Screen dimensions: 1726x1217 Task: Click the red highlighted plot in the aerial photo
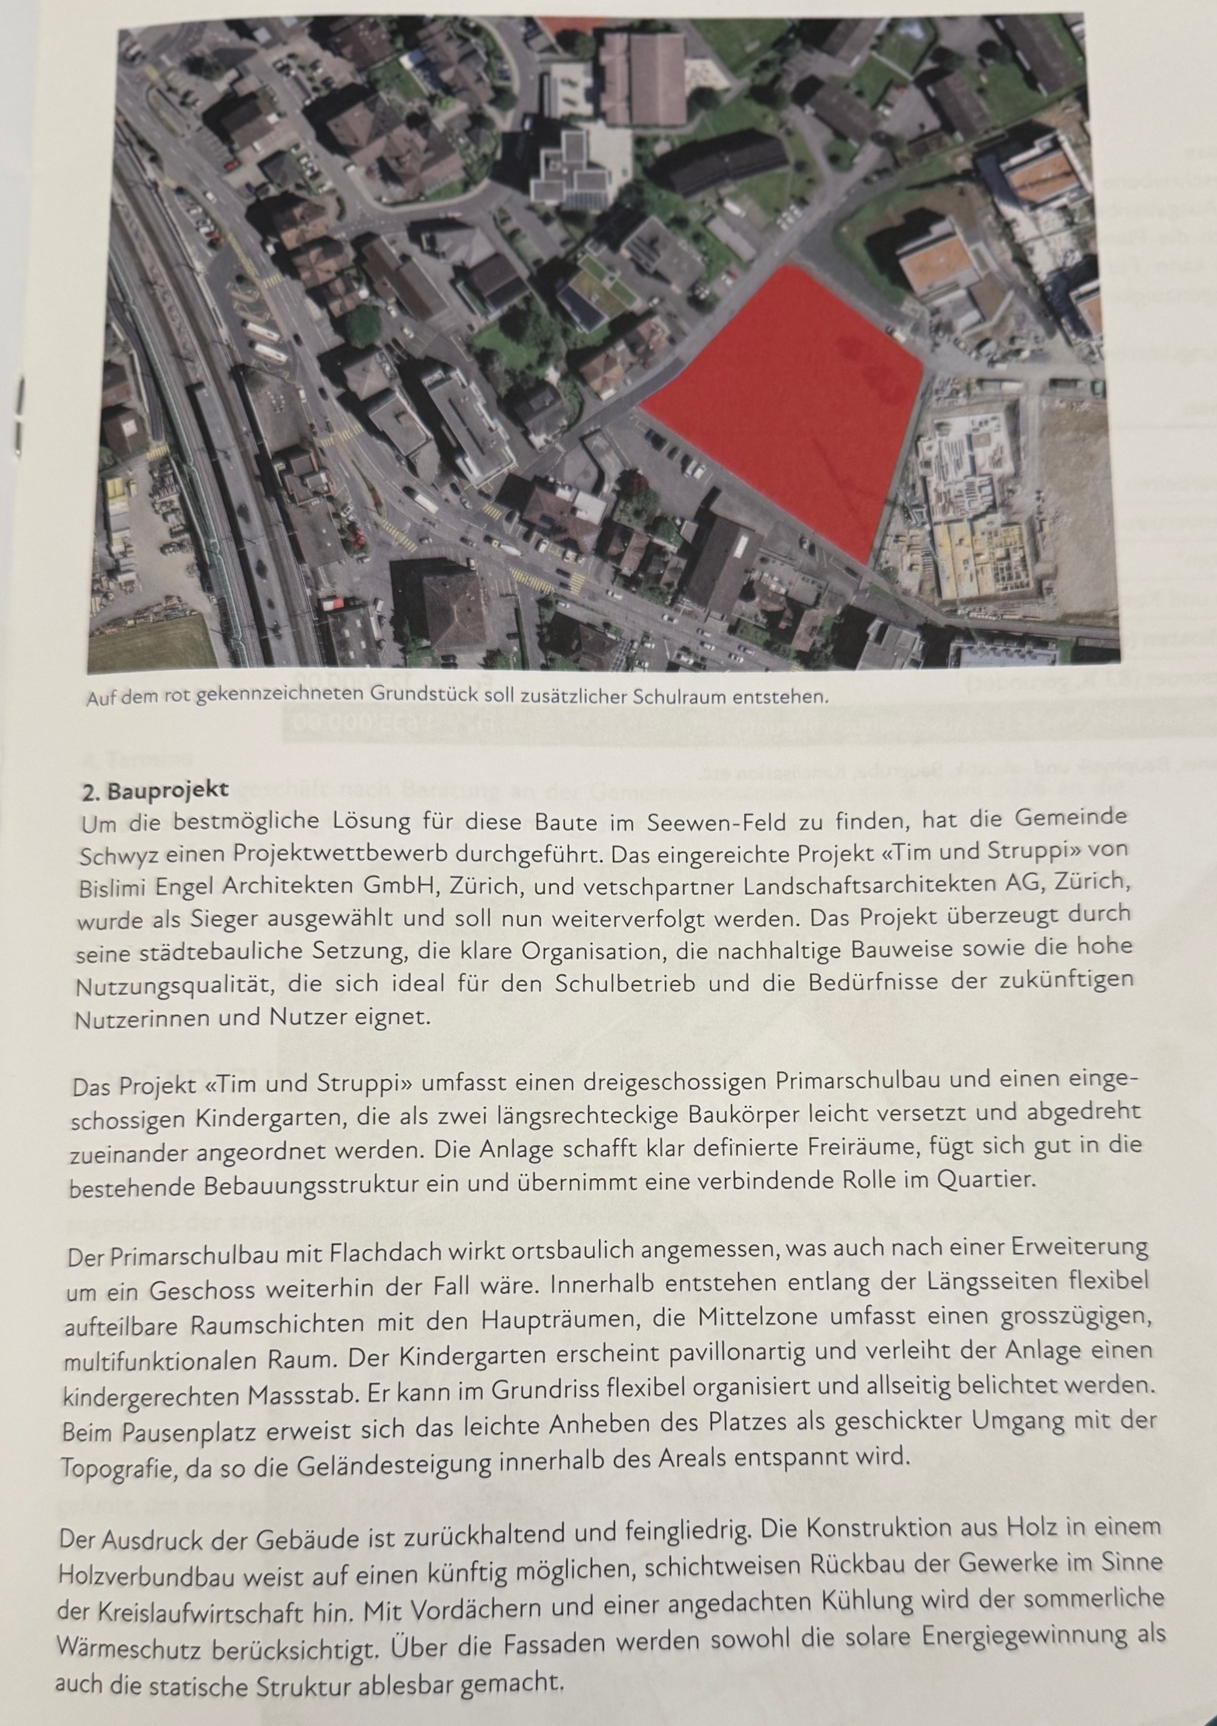pos(785,404)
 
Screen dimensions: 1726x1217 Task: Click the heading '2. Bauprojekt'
pos(155,791)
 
